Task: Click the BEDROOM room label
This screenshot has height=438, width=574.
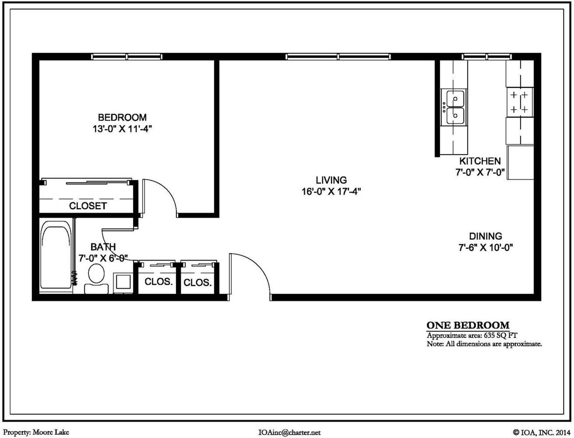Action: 122,118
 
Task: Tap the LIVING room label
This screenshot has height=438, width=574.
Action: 331,180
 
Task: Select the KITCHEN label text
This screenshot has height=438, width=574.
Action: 480,161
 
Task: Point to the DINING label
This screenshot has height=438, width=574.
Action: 486,236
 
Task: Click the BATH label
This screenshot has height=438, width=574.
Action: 103,247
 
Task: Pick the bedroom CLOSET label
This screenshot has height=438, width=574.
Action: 88,206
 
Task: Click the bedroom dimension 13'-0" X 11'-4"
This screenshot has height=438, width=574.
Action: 122,129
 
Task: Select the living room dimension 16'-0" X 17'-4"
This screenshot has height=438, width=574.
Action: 331,192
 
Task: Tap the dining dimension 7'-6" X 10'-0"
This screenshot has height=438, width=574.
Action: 486,248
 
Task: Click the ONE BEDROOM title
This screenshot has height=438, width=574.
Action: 468,325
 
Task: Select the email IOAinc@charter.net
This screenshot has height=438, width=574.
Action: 289,433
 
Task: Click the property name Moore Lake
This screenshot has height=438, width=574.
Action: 51,432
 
